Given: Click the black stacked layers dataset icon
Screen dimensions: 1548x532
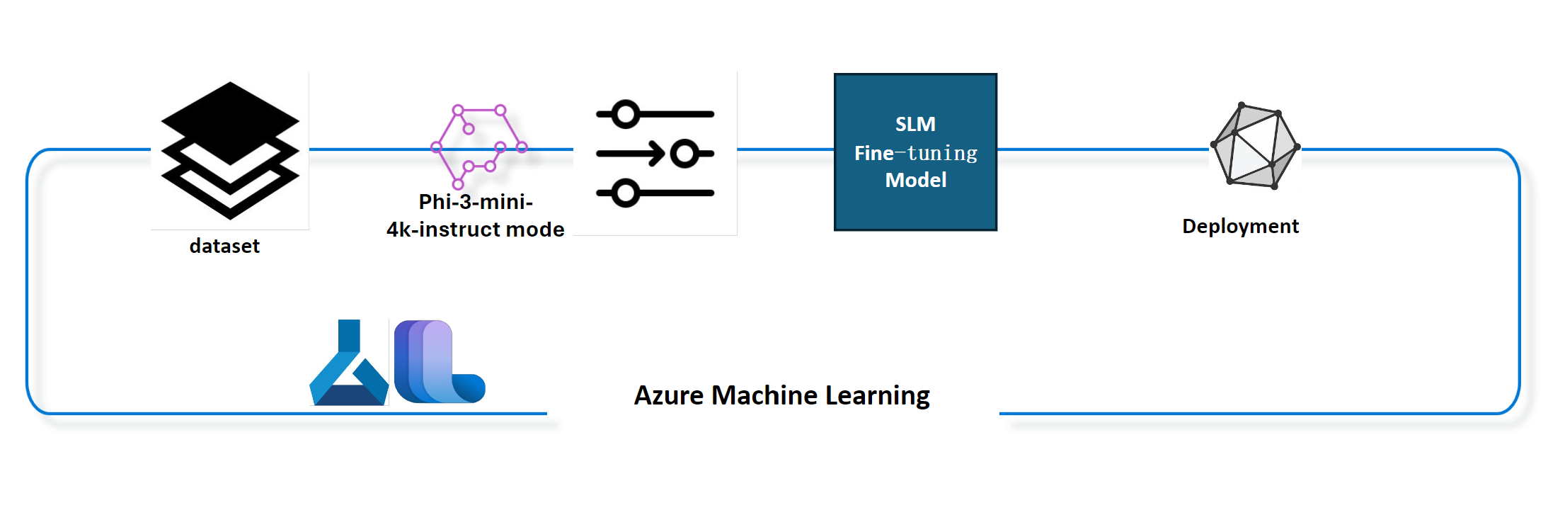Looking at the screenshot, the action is [x=230, y=150].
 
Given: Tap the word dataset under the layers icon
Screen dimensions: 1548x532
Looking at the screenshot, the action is [x=224, y=246].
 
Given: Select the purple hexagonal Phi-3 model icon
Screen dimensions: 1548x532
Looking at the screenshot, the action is [x=479, y=147].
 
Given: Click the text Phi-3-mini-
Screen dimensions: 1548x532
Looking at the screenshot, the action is [x=476, y=202].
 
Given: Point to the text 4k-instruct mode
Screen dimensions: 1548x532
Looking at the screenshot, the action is [x=476, y=230].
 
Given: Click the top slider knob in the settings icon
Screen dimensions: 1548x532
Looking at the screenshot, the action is [x=626, y=114].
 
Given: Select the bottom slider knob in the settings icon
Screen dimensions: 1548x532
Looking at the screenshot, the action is [x=626, y=193].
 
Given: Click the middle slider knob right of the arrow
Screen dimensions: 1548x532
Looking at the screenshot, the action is [x=684, y=153].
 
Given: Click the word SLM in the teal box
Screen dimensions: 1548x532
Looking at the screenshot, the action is [x=915, y=125].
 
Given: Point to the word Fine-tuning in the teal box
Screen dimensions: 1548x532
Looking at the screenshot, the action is [x=916, y=153].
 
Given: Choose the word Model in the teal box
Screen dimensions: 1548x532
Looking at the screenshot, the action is [x=916, y=180].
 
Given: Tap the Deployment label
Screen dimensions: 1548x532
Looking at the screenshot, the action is [x=1241, y=226].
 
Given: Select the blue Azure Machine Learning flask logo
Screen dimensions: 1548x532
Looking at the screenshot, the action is [x=349, y=362].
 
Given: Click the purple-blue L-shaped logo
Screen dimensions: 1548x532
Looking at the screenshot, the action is [x=439, y=361].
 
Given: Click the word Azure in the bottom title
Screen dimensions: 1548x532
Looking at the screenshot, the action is [x=669, y=395].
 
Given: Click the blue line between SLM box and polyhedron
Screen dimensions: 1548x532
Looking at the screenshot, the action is [x=1103, y=149].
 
